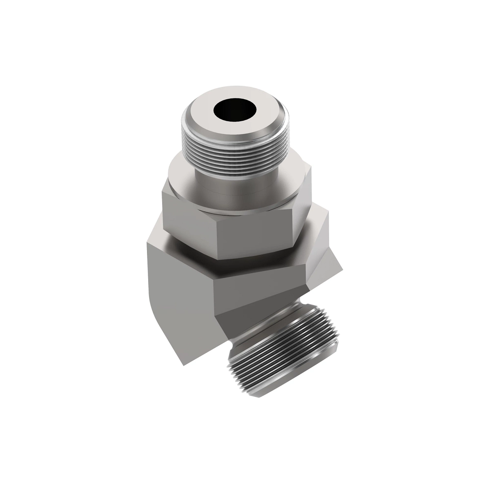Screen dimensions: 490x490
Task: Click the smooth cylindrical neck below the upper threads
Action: pos(233,186)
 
